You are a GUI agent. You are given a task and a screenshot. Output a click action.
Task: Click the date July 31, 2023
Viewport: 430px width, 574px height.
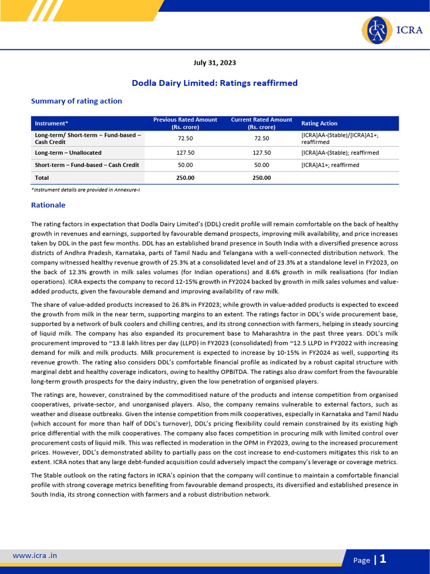pyautogui.click(x=214, y=63)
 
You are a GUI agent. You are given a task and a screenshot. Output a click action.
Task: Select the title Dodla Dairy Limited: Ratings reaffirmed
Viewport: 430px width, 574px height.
pyautogui.click(x=214, y=83)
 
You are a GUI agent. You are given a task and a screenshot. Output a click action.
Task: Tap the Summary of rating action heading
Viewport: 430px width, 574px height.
pyautogui.click(x=76, y=101)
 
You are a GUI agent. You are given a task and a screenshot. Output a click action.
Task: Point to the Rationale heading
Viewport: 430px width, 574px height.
pyautogui.click(x=48, y=205)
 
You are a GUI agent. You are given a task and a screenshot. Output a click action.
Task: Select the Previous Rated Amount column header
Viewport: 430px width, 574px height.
pyautogui.click(x=185, y=123)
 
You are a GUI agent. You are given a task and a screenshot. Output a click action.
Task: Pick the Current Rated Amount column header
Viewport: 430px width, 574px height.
pyautogui.click(x=261, y=123)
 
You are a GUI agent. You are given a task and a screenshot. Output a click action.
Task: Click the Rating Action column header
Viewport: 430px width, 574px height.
pyautogui.click(x=319, y=123)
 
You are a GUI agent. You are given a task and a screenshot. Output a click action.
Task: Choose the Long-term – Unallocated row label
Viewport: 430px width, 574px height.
pyautogui.click(x=68, y=152)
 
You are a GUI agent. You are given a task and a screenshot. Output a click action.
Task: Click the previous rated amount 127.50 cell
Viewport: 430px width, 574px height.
pyautogui.click(x=185, y=152)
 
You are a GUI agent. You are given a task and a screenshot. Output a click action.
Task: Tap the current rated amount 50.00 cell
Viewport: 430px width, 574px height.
pyautogui.click(x=261, y=165)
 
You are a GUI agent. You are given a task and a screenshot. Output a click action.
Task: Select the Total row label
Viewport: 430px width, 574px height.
pyautogui.click(x=42, y=178)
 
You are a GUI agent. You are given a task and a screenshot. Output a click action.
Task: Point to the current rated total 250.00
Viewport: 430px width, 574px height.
pyautogui.click(x=261, y=178)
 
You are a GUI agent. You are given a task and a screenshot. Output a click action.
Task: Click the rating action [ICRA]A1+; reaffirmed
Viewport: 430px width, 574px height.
pyautogui.click(x=330, y=165)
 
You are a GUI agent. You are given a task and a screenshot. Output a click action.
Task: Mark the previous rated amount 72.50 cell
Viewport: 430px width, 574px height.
pyautogui.click(x=185, y=138)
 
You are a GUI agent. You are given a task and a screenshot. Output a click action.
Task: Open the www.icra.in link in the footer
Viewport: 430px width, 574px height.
pyautogui.click(x=35, y=556)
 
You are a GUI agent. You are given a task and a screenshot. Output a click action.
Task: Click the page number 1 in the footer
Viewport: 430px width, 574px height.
pyautogui.click(x=383, y=559)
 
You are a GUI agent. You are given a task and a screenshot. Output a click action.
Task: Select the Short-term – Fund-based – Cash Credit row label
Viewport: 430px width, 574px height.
pyautogui.click(x=87, y=165)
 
